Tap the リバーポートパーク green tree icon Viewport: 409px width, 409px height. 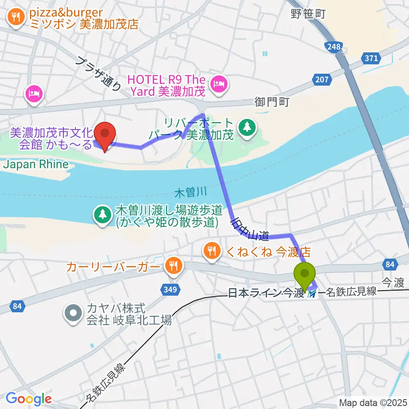246,126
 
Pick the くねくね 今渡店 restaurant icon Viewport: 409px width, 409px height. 212,250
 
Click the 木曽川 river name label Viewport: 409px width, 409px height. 185,193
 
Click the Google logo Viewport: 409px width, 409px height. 29,399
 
